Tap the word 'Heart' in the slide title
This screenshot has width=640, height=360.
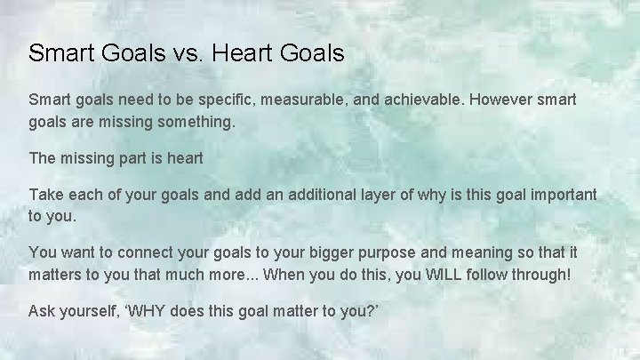pos(248,54)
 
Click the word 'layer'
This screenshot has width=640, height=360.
pos(366,196)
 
